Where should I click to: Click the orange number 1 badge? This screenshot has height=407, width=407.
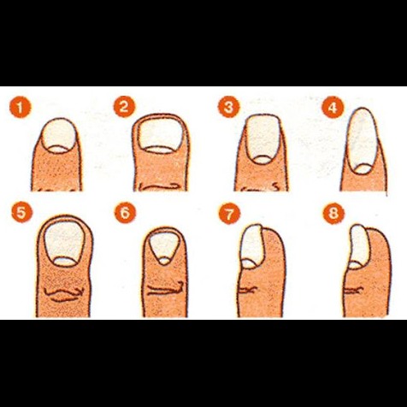pos(20,108)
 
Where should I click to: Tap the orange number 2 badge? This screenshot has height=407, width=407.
pos(125,107)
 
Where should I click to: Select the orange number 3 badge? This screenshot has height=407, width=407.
pos(229,108)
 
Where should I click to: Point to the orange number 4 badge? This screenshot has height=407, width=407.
pos(333,108)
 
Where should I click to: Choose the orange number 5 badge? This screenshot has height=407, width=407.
pos(22,213)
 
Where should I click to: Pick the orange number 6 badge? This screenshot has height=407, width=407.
pos(126,213)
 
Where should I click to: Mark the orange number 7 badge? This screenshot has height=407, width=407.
pos(230,213)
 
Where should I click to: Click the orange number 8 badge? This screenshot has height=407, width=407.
pos(333,213)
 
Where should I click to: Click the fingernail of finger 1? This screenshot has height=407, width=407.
pos(59,136)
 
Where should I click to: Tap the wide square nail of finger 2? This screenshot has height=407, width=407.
pos(160,134)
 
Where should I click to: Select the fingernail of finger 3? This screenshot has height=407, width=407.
pos(262,139)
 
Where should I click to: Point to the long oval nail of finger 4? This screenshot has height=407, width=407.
pos(363,141)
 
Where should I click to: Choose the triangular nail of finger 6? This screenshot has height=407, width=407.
pos(164,246)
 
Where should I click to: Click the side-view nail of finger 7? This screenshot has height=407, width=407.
pos(252,246)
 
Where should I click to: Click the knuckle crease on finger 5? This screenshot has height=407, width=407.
pos(64,294)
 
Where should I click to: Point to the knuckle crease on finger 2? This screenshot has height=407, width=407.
pos(160,187)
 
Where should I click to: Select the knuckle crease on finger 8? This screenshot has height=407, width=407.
pos(353,291)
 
